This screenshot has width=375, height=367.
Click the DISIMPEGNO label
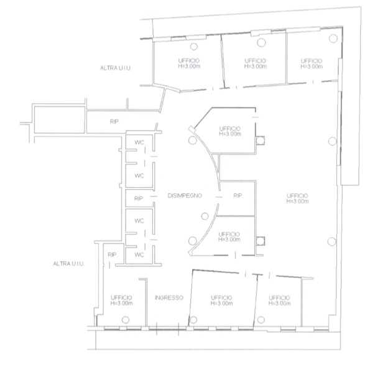(185, 196)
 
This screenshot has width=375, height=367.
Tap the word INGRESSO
(169, 298)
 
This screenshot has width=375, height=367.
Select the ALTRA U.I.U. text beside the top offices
(116, 68)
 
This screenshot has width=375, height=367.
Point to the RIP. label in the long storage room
(115, 121)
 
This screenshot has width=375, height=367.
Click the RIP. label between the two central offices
(238, 196)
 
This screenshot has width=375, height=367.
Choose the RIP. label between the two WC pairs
(139, 198)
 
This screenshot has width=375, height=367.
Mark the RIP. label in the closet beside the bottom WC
(113, 255)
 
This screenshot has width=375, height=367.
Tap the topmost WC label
(139, 142)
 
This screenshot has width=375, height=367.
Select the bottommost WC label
(139, 255)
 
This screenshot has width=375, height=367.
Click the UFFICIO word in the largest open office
(297, 196)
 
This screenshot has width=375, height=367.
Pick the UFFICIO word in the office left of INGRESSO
(121, 298)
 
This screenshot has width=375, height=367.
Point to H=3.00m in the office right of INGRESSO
(221, 304)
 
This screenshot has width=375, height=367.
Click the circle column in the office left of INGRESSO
(126, 320)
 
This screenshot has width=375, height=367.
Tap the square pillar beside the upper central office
(260, 141)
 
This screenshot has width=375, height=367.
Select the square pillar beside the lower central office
(260, 241)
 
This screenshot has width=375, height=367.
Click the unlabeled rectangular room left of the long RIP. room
(60, 120)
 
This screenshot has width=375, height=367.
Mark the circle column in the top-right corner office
(333, 39)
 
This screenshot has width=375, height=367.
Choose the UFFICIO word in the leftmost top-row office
(188, 61)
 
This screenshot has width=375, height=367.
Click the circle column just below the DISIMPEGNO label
(205, 216)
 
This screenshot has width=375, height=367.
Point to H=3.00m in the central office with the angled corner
(230, 134)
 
